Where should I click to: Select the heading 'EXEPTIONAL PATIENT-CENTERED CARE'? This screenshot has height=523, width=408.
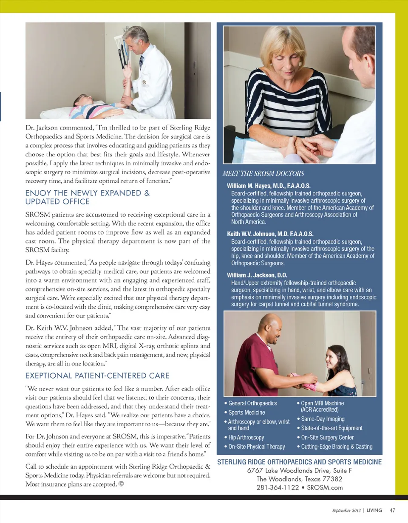pos(98,375)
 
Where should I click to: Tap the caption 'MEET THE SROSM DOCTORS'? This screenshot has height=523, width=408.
pos(260,173)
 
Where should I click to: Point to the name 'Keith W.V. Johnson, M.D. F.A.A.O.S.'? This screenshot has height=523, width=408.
pos(270,234)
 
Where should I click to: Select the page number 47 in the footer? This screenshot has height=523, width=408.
pos(392,510)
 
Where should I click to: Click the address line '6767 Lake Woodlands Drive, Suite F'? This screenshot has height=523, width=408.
pos(299,470)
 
